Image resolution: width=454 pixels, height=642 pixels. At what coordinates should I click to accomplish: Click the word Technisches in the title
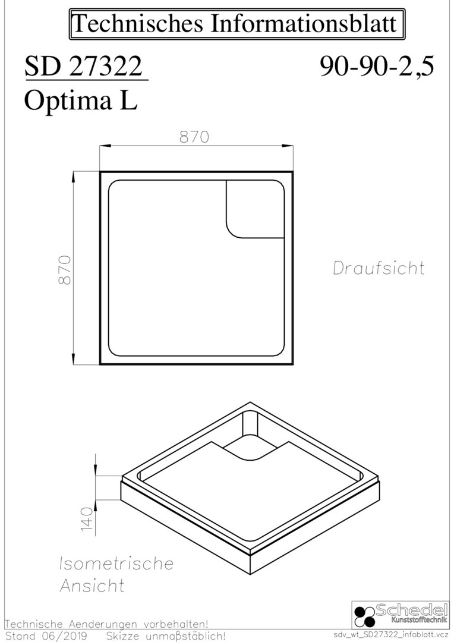(x=137, y=23)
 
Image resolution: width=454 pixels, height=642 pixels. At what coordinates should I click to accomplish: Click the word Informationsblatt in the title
(x=304, y=23)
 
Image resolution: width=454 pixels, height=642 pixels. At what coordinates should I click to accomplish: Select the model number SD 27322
(x=84, y=67)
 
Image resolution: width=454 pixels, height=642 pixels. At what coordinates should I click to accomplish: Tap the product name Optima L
(x=81, y=100)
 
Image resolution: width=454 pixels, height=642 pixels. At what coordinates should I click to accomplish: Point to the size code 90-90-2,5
(x=377, y=67)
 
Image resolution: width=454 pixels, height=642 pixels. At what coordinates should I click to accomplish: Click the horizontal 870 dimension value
(x=194, y=137)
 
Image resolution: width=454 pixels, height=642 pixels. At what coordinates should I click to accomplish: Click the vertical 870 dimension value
(x=65, y=270)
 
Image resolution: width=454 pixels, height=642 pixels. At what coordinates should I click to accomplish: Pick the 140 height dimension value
(x=87, y=519)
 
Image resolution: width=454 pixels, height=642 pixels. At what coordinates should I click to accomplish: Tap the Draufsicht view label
(x=379, y=267)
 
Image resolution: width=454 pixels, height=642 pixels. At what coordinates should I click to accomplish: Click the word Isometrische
(x=116, y=564)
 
